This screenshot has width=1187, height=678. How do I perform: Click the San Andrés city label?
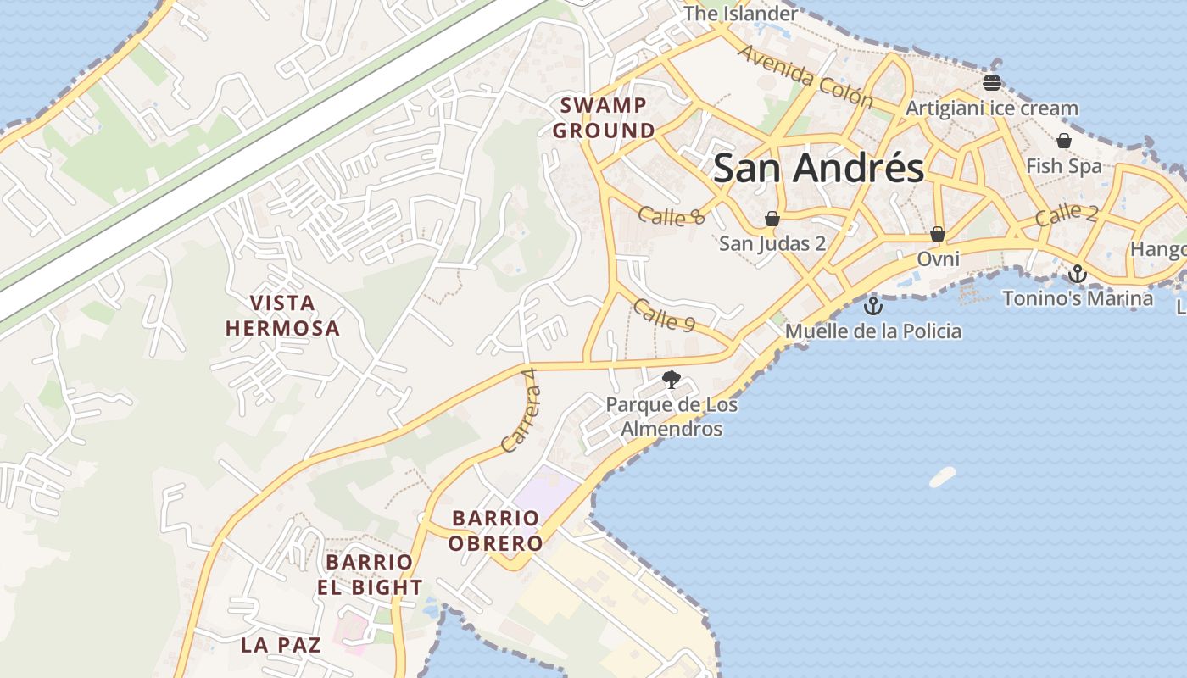point(818,168)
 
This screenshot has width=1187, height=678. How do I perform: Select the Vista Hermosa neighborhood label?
point(282,315)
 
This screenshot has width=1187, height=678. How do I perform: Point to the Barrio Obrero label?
point(495,531)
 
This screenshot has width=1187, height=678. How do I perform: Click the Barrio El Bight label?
point(370,575)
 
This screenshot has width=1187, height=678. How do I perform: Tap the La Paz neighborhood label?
point(281,645)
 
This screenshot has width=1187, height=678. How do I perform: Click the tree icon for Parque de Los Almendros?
point(672,379)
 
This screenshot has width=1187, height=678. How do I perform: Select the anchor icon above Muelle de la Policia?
point(872,306)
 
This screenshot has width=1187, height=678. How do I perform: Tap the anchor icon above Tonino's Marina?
point(1077,274)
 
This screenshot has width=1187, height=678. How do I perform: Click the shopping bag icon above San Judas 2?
point(772,219)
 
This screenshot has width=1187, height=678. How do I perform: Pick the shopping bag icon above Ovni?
point(938,233)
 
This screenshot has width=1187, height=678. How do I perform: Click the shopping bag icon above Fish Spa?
point(1064,141)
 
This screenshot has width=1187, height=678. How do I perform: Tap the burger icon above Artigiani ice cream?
point(992,82)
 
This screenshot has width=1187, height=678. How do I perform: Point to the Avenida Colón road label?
point(805,76)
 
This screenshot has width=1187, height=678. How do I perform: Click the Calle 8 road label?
point(672,216)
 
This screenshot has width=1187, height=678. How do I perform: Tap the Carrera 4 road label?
point(521,409)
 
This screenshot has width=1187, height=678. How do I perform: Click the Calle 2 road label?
point(1067,214)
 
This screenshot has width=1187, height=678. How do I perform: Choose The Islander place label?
point(740,14)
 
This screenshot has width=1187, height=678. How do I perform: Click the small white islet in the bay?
point(942,477)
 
